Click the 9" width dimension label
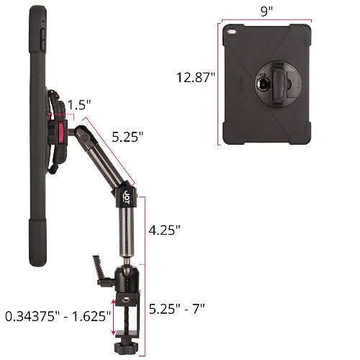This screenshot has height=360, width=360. (x=267, y=12)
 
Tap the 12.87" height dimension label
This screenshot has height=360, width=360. (x=196, y=78)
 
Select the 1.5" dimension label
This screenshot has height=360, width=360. (x=79, y=105)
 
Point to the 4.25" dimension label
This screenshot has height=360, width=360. (x=164, y=230)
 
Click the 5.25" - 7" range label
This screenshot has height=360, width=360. (x=176, y=309)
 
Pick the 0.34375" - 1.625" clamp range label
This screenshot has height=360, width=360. (x=58, y=316)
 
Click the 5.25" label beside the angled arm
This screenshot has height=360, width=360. (x=127, y=137)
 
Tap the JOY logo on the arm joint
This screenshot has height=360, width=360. (x=127, y=197)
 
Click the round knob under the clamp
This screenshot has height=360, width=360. (x=125, y=347)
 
